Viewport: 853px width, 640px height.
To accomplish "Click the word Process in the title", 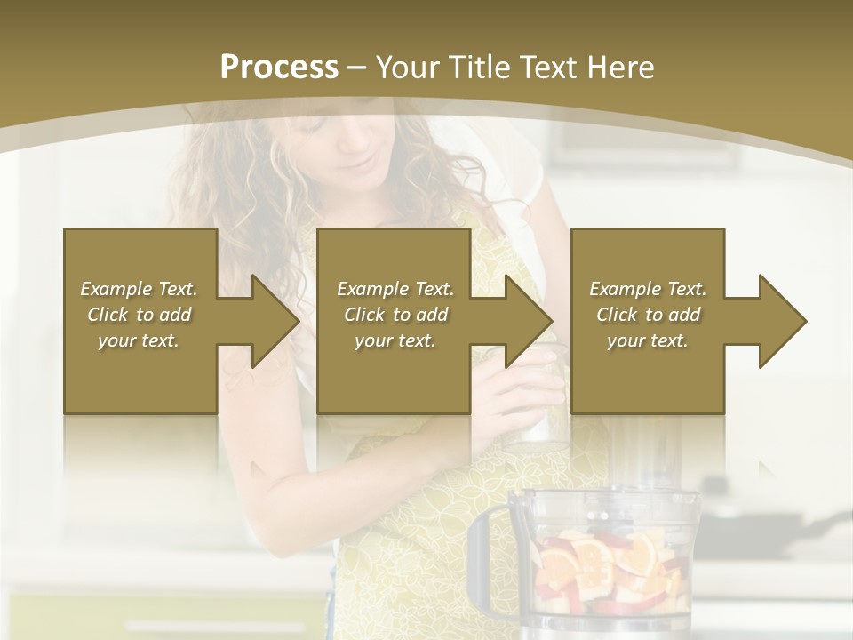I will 279,68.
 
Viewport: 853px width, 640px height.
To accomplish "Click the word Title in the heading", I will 473,68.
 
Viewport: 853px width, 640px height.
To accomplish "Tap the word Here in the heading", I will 619,68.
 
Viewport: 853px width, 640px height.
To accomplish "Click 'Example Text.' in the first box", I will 139,289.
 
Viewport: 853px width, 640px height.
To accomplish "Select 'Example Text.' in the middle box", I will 395,289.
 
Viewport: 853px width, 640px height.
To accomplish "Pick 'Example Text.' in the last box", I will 648,289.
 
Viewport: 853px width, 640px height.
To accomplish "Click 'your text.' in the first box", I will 139,340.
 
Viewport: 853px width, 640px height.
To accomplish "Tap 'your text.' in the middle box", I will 395,340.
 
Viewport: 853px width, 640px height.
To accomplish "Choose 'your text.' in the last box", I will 648,340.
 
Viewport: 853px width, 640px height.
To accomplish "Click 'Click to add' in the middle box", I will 395,315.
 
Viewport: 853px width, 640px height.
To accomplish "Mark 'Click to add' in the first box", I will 139,315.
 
